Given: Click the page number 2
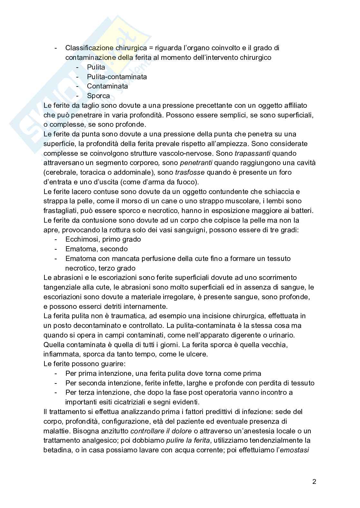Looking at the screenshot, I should point(314,482).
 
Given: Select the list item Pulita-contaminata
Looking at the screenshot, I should point(117,77).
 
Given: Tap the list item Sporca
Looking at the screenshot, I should point(98,96).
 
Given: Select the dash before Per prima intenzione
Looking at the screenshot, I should point(57,374).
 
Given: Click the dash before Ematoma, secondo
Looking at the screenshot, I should point(57,249).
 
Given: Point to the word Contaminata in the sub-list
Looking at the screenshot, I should point(107,86).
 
